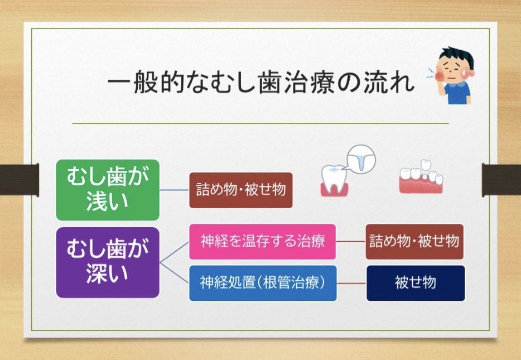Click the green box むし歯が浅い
(x=108, y=190)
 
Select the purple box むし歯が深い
(x=108, y=262)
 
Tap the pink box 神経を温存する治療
(x=262, y=242)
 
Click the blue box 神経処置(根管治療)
(x=262, y=283)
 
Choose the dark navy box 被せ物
(x=416, y=283)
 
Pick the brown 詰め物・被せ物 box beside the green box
(x=241, y=190)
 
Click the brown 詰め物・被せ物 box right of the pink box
(x=414, y=242)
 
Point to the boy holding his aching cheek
(x=454, y=75)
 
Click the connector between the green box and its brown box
(x=174, y=190)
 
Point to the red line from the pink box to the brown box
(x=351, y=242)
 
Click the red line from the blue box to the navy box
(x=351, y=283)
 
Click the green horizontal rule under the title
(x=260, y=123)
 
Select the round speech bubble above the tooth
(x=360, y=159)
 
